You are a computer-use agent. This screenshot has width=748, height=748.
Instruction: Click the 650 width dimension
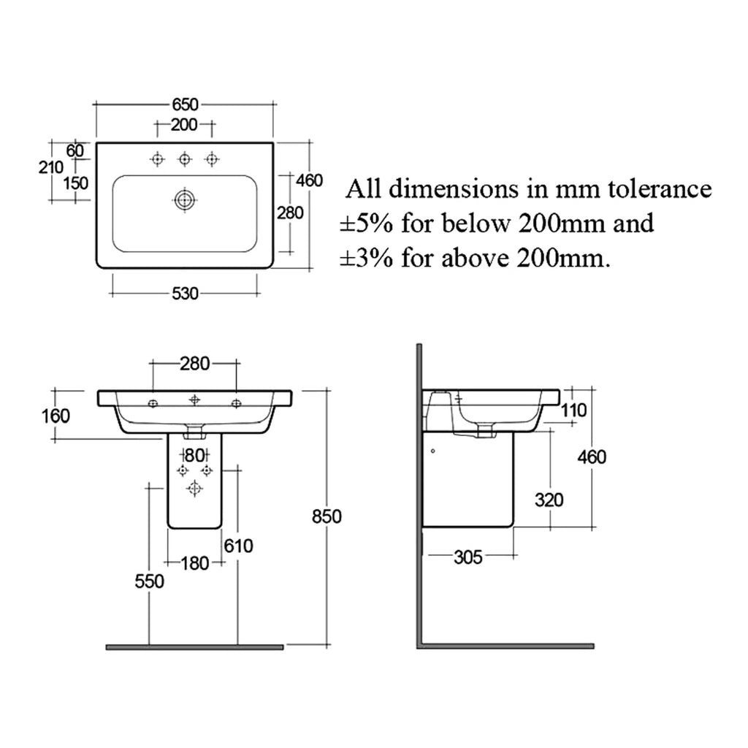click(x=185, y=104)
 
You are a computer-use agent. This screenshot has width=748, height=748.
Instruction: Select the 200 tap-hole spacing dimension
click(x=184, y=124)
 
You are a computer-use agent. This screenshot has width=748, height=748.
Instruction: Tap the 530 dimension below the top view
click(x=185, y=294)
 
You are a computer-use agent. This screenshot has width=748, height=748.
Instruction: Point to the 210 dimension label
click(x=50, y=167)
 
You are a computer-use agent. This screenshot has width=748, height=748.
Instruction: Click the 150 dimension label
click(x=76, y=183)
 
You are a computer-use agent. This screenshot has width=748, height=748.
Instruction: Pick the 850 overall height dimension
click(x=327, y=516)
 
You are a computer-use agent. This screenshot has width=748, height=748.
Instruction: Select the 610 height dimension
click(x=239, y=546)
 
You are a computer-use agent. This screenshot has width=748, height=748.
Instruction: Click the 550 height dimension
click(x=149, y=581)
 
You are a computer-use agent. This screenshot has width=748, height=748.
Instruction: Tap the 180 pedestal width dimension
click(x=195, y=563)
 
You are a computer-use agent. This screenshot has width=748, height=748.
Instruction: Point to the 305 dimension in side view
click(x=468, y=557)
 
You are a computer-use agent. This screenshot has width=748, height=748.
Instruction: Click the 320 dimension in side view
click(x=549, y=500)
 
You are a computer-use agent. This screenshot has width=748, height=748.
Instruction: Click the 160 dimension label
click(x=56, y=416)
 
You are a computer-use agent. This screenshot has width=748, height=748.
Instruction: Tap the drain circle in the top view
click(x=184, y=200)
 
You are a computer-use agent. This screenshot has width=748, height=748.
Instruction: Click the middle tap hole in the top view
click(x=185, y=159)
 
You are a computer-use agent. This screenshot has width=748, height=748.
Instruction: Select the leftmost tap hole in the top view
click(x=158, y=159)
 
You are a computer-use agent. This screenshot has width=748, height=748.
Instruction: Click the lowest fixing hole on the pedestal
click(x=194, y=489)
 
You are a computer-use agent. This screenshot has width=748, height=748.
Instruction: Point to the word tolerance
click(x=660, y=189)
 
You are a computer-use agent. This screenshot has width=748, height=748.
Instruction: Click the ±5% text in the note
click(x=367, y=224)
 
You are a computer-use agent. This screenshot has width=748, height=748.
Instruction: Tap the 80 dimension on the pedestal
click(x=195, y=456)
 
